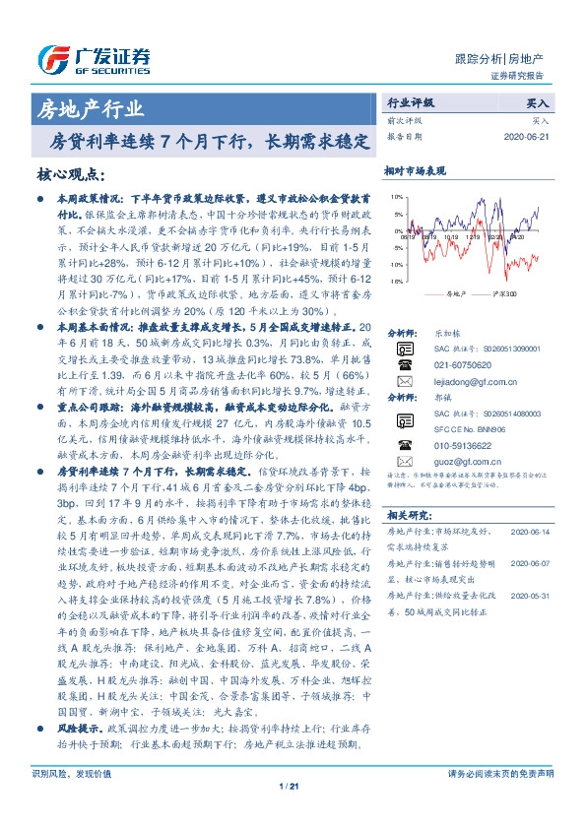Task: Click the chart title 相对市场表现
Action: point(416,169)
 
